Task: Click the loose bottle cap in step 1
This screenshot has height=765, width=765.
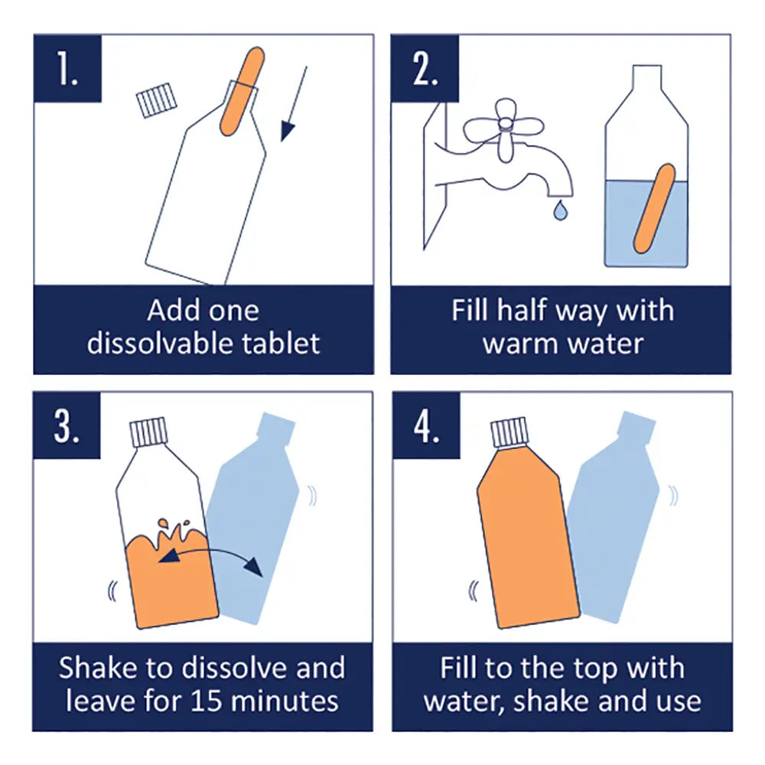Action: pyautogui.click(x=158, y=99)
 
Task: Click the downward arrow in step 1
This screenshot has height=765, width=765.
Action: pyautogui.click(x=294, y=104)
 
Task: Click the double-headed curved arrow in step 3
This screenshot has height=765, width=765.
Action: pyautogui.click(x=210, y=562)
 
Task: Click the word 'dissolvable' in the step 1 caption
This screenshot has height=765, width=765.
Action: pyautogui.click(x=158, y=343)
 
